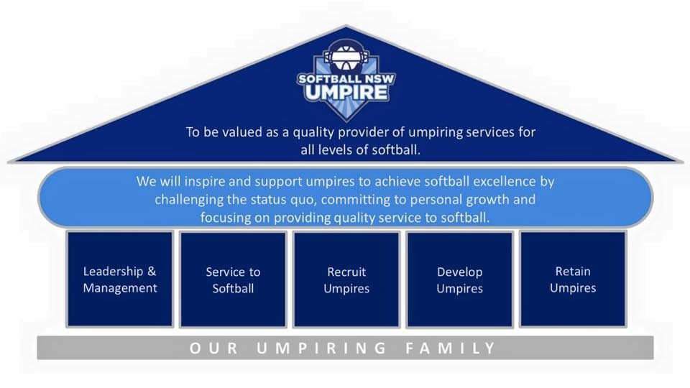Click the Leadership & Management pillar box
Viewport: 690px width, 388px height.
pyautogui.click(x=120, y=280)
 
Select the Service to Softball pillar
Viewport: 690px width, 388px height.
pyautogui.click(x=233, y=280)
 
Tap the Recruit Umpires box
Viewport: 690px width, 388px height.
pyautogui.click(x=346, y=280)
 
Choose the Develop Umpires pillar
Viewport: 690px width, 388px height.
pyautogui.click(x=460, y=280)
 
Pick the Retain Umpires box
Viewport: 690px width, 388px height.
pyautogui.click(x=573, y=280)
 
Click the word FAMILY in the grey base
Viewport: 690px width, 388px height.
pyautogui.click(x=451, y=348)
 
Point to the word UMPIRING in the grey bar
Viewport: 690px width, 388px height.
pyautogui.click(x=321, y=348)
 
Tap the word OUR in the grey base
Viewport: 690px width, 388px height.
pyautogui.click(x=214, y=348)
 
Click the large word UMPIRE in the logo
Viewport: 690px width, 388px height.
pyautogui.click(x=346, y=93)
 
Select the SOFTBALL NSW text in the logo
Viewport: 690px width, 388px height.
pyautogui.click(x=346, y=79)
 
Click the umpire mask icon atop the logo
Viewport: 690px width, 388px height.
pyautogui.click(x=346, y=56)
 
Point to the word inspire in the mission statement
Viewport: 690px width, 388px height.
pyautogui.click(x=203, y=182)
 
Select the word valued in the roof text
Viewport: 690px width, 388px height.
pyautogui.click(x=242, y=132)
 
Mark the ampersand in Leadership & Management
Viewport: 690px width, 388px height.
pyautogui.click(x=152, y=272)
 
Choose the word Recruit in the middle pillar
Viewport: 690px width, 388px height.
pyautogui.click(x=346, y=272)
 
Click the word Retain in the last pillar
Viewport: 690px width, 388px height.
pyautogui.click(x=573, y=272)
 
